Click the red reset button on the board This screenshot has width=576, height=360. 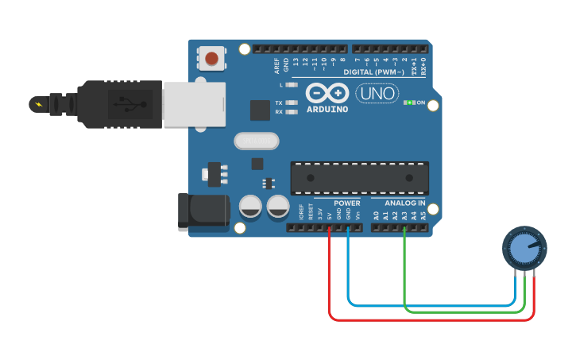212,58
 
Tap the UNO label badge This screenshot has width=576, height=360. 377,93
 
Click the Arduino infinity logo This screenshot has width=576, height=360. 327,93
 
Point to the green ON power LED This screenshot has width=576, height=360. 410,103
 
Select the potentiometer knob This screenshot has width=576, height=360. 525,249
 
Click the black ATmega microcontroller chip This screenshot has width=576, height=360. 359,178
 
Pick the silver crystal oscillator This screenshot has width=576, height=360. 257,141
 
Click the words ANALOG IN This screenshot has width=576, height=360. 399,203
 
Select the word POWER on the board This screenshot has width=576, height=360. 346,203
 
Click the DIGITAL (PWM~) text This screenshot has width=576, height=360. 373,72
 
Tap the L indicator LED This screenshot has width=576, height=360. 291,84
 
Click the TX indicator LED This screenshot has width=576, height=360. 291,103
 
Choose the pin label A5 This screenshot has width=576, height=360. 423,215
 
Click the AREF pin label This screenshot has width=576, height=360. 276,64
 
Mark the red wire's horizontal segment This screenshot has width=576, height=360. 429,319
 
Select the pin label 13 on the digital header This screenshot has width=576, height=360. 296,61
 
